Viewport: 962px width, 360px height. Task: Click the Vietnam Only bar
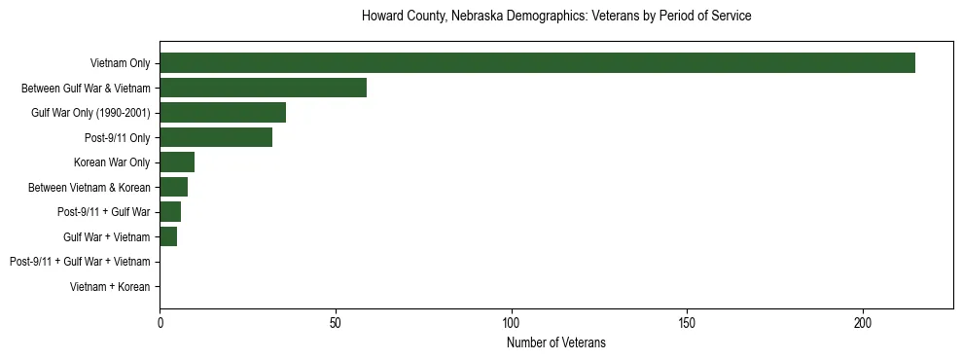537,62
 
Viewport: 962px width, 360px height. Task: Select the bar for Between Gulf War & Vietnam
263,88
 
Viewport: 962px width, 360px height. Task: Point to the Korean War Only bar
177,162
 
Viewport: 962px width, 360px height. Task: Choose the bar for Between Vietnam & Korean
173,187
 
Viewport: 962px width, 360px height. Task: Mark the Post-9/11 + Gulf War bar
170,212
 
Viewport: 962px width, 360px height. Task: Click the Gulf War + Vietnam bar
168,236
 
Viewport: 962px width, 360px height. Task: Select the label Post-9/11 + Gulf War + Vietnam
80,262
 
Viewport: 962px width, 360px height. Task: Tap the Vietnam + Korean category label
110,287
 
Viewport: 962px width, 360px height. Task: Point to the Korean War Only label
112,162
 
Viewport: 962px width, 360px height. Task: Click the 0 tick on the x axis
160,321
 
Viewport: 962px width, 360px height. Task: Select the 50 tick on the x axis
336,321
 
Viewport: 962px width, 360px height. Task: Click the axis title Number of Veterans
555,342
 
